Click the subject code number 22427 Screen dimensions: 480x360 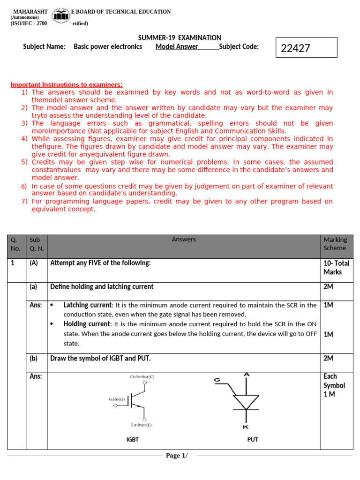(x=295, y=48)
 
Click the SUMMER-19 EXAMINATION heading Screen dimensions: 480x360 (x=180, y=37)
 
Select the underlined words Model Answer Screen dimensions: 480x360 (x=177, y=46)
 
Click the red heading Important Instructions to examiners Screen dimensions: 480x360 (x=67, y=85)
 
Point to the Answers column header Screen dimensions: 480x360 (x=184, y=240)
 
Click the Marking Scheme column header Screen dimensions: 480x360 (x=335, y=244)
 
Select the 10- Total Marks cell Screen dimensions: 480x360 (x=336, y=268)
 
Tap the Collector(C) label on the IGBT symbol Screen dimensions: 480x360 (x=142, y=377)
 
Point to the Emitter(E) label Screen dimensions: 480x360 (x=142, y=425)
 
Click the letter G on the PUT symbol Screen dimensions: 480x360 (x=217, y=380)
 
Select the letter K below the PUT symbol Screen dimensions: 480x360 (x=246, y=427)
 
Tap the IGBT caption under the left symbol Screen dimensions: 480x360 (x=133, y=440)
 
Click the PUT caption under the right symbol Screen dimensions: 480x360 (x=253, y=440)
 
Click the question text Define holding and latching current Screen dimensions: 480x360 (x=102, y=286)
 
